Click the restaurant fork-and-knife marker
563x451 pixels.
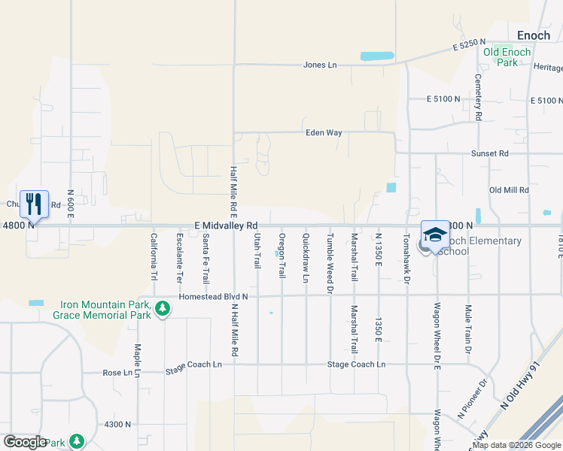(34, 203)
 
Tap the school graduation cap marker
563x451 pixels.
(435, 235)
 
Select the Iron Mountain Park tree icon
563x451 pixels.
(162, 309)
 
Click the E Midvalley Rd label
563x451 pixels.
(226, 225)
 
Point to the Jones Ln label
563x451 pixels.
(320, 65)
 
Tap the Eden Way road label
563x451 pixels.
(324, 133)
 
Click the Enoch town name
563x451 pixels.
(534, 35)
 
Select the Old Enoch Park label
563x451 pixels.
(507, 57)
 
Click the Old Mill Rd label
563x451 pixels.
(509, 190)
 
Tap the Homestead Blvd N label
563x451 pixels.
(213, 297)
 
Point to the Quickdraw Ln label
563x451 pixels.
(306, 258)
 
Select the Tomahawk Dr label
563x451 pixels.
(406, 258)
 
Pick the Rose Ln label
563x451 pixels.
(117, 373)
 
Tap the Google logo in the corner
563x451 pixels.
(25, 441)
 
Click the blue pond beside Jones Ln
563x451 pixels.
(377, 56)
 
